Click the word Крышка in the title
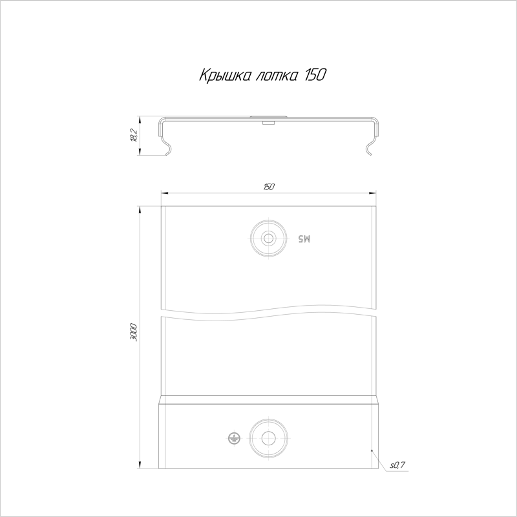[224, 76]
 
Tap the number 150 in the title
[315, 75]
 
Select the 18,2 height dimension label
[134, 135]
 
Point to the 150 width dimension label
[269, 187]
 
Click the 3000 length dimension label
[134, 332]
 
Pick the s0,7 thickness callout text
[397, 465]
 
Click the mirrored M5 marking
[304, 238]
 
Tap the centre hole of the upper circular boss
[268, 238]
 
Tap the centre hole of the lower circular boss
[268, 438]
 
